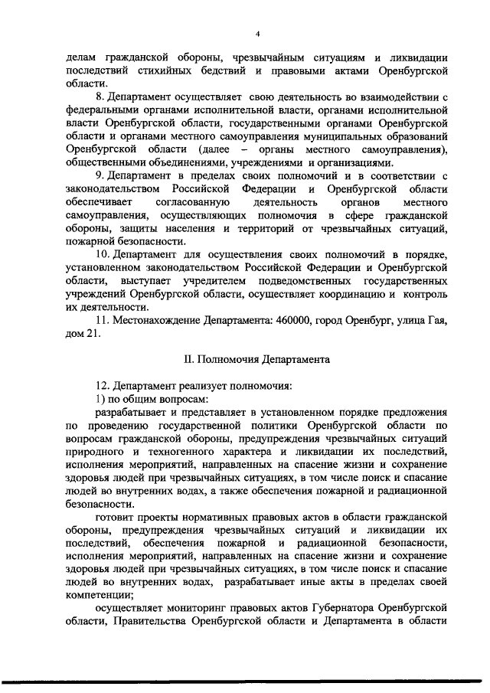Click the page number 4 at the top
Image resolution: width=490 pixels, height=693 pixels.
point(257,34)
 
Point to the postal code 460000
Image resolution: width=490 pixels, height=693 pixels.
point(290,320)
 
